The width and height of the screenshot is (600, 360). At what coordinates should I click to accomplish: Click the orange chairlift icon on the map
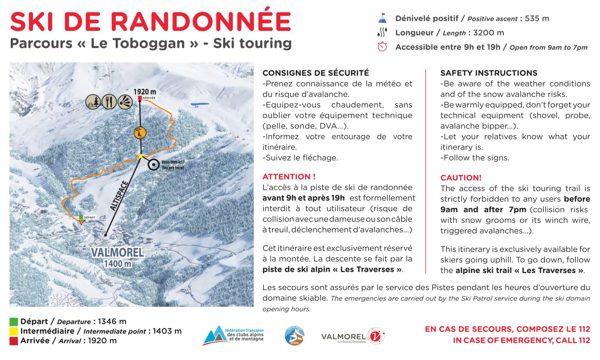click(x=138, y=133)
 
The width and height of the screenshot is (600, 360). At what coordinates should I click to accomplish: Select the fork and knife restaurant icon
click(x=110, y=101)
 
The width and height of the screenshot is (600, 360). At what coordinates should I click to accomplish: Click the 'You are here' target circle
click(x=153, y=164)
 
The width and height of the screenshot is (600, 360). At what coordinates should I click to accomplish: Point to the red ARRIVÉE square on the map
click(x=140, y=99)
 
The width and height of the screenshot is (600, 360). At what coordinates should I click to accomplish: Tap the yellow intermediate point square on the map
click(x=140, y=156)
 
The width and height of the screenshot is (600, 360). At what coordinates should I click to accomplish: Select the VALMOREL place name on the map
click(x=117, y=252)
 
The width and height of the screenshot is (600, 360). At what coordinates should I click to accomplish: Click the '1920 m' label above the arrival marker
click(x=144, y=92)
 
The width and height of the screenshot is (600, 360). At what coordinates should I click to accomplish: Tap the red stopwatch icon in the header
click(x=382, y=47)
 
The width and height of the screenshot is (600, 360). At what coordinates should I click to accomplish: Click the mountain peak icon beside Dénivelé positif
click(x=382, y=18)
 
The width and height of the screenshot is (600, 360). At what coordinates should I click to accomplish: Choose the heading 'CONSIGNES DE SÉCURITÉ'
click(x=315, y=73)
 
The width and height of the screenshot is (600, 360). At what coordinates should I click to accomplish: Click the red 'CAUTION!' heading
click(x=461, y=177)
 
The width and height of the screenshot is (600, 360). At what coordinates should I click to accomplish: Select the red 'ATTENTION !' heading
click(x=289, y=177)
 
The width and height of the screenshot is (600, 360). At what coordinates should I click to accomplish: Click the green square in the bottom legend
click(x=14, y=321)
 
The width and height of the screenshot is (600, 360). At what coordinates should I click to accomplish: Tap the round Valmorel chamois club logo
click(x=295, y=335)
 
